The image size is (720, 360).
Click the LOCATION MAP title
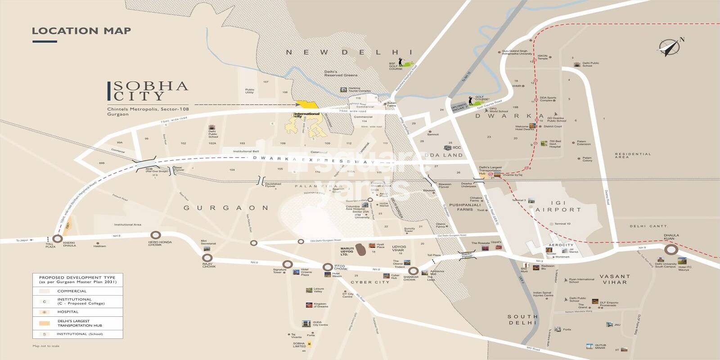point(81,31)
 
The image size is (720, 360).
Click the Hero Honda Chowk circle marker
point(155,235)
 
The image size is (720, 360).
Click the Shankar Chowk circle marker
point(413,271)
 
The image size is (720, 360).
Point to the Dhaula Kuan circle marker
point(671,250)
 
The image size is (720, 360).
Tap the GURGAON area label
point(226,208)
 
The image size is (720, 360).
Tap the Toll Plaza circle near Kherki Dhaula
point(57,239)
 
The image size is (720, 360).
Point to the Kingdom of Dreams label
point(320,306)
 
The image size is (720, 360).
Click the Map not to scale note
point(46,346)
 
